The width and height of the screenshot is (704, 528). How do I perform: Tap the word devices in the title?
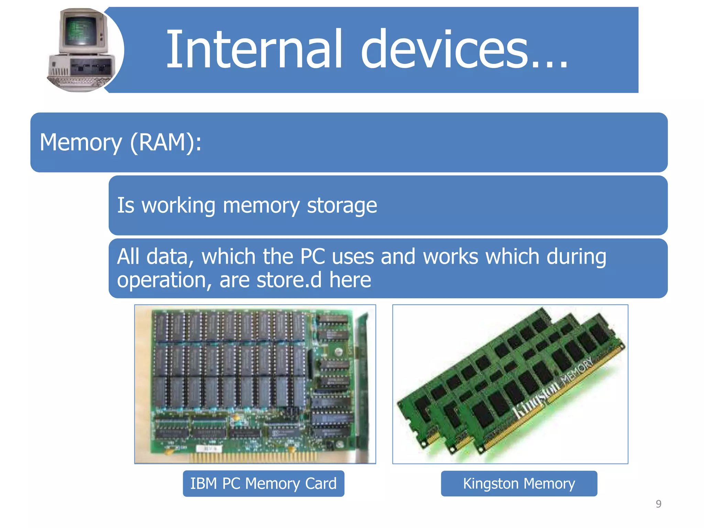tap(443, 50)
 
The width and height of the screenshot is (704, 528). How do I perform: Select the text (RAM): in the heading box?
tap(166, 142)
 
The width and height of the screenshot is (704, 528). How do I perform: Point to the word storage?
tap(342, 206)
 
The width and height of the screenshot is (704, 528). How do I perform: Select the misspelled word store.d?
tap(289, 279)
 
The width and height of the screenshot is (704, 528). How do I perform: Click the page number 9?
tap(658, 504)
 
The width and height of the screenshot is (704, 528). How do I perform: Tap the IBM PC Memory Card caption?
tap(263, 483)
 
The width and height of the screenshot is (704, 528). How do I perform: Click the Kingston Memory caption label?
tap(519, 483)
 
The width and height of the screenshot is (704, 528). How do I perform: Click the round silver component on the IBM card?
tap(338, 351)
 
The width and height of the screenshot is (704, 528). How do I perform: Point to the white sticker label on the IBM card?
tap(209, 449)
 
